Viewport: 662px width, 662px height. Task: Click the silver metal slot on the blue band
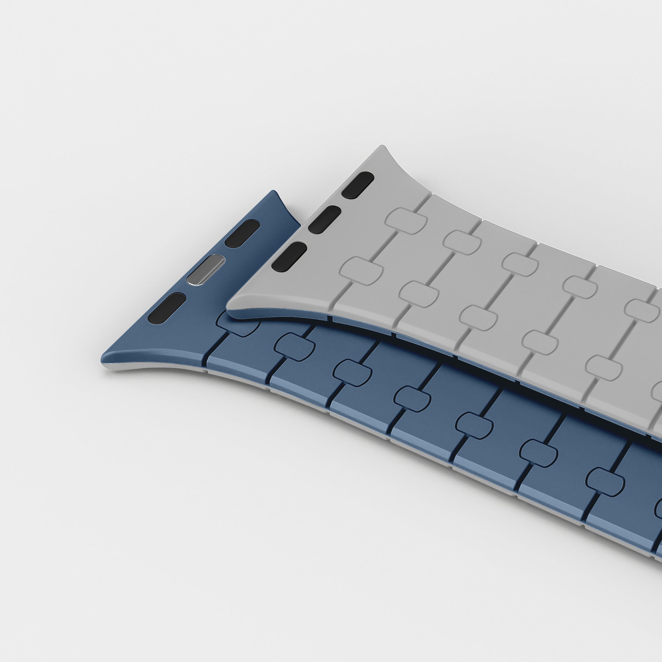[205, 270]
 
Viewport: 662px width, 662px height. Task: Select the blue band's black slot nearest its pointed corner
[166, 308]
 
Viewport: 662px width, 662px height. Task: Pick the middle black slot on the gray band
[324, 219]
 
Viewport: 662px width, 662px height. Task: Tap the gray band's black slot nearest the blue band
[289, 256]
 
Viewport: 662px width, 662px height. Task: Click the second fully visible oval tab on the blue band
[352, 373]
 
